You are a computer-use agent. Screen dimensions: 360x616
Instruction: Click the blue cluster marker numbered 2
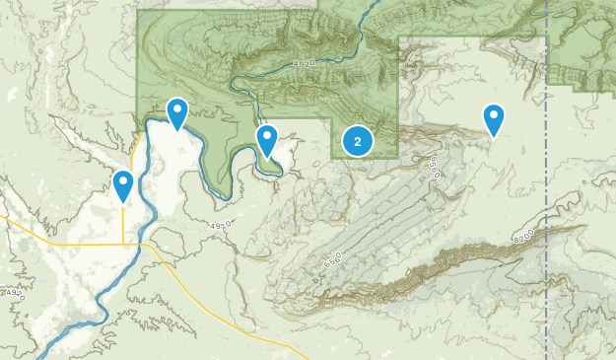[x=357, y=142]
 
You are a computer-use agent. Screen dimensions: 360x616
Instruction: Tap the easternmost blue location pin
[x=494, y=119]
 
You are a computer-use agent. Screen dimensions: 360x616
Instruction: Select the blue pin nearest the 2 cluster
[x=267, y=141]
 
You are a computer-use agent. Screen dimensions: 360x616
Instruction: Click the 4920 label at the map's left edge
[x=11, y=293]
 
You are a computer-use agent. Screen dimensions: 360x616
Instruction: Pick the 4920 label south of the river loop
[x=220, y=226]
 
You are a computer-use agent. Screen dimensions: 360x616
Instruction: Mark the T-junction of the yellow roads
[x=123, y=244]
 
